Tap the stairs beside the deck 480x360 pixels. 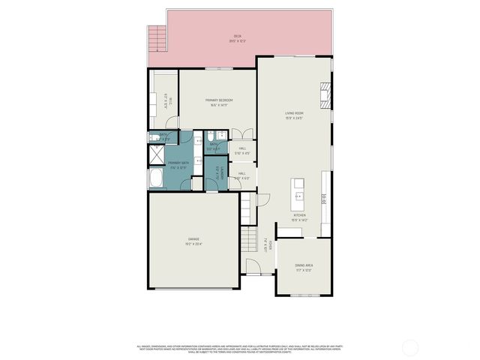pyautogui.click(x=156, y=37)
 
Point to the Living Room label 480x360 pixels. pyautogui.click(x=293, y=115)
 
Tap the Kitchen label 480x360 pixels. pyautogui.click(x=299, y=217)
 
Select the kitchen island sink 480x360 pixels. pyautogui.click(x=298, y=196)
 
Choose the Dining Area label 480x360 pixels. pyautogui.click(x=304, y=266)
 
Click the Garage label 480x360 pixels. pyautogui.click(x=193, y=241)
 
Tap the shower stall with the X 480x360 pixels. pyautogui.click(x=156, y=156)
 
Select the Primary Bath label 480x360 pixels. pyautogui.click(x=178, y=165)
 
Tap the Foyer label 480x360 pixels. pyautogui.click(x=266, y=244)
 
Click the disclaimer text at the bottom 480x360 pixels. pyautogui.click(x=240, y=348)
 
